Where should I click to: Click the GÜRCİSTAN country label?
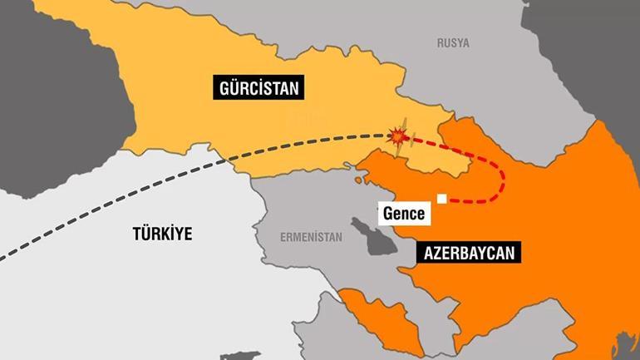pos(258,87)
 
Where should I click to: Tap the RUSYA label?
pos(453,42)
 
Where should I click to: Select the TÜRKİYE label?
pos(162,234)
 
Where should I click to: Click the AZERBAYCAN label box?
pos(471,250)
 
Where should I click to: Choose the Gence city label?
pos(404,214)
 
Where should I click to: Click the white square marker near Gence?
pos(442,199)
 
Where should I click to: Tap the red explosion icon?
pos(400,135)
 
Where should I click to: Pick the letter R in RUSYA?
pos(441,42)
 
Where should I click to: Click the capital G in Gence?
pos(387,214)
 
